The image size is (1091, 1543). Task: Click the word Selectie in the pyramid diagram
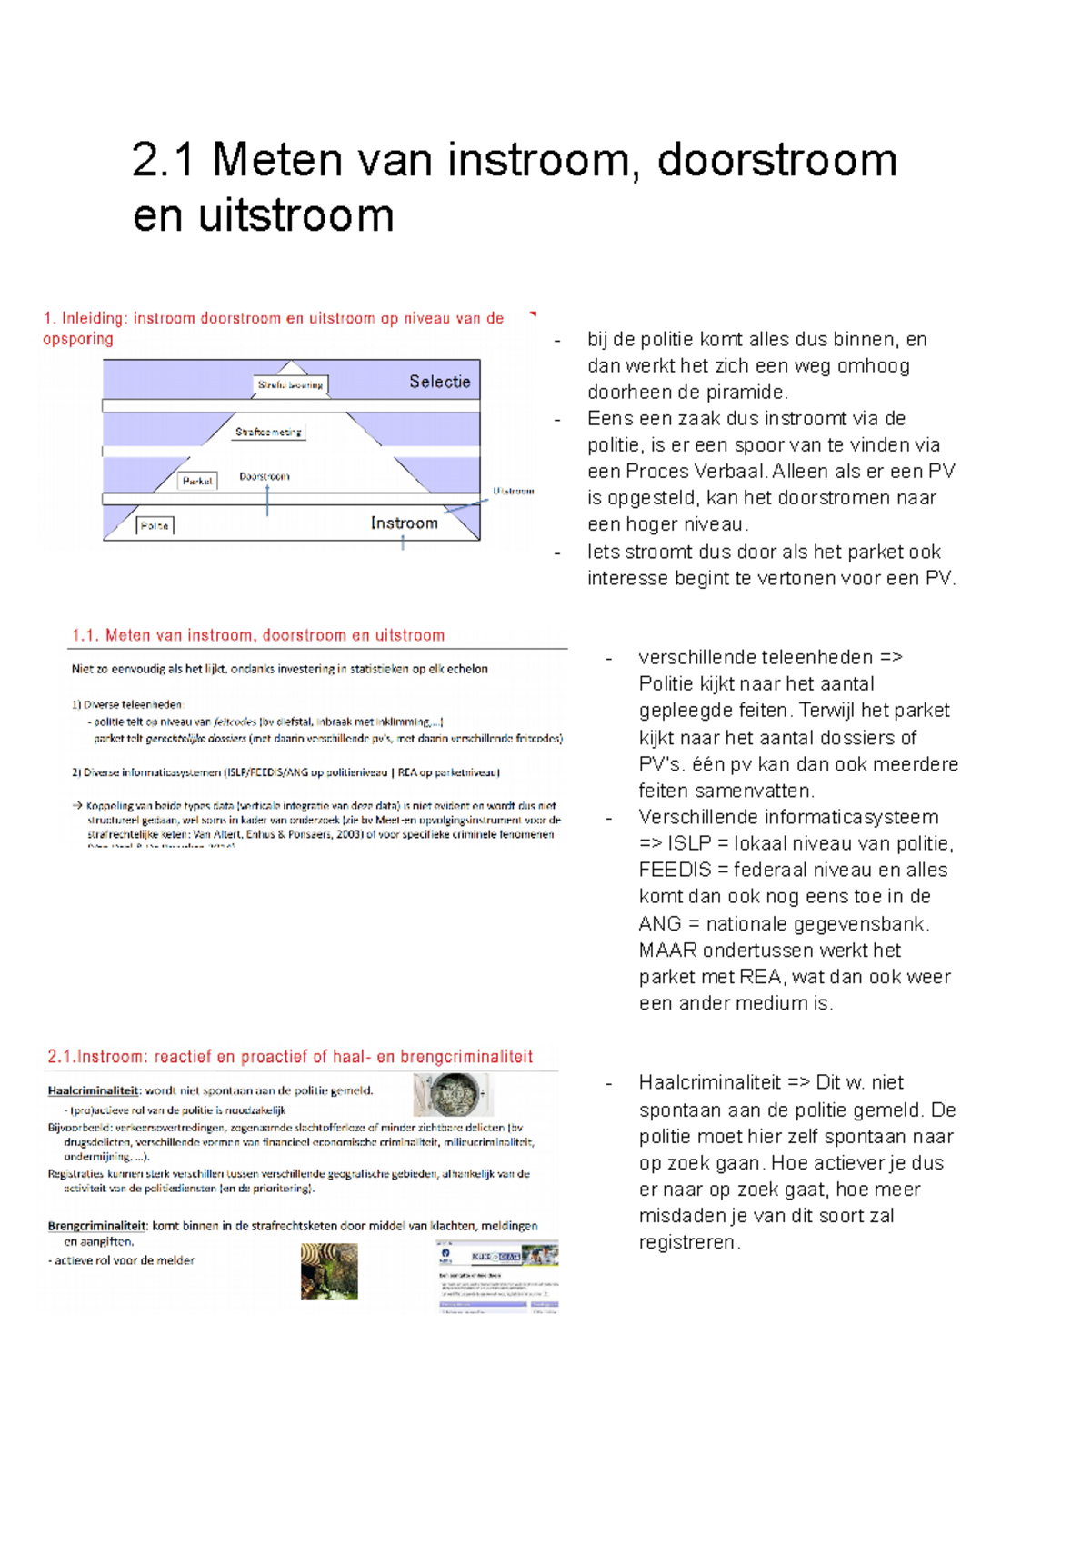click(x=439, y=382)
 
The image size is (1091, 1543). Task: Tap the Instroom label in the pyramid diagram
click(x=405, y=523)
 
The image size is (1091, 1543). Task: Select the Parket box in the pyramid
click(x=197, y=481)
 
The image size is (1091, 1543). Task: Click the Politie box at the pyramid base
click(x=155, y=525)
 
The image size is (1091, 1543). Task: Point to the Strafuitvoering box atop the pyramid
click(x=290, y=385)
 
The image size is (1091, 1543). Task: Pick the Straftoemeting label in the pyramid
click(x=268, y=432)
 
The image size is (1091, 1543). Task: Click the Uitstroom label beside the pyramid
click(x=514, y=491)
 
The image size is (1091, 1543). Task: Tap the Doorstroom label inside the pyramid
click(x=265, y=476)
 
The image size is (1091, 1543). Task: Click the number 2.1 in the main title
click(x=164, y=161)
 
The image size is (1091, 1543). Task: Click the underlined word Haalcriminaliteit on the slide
click(x=93, y=1090)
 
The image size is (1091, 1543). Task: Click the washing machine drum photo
click(x=452, y=1094)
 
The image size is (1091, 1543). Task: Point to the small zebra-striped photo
click(x=329, y=1271)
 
